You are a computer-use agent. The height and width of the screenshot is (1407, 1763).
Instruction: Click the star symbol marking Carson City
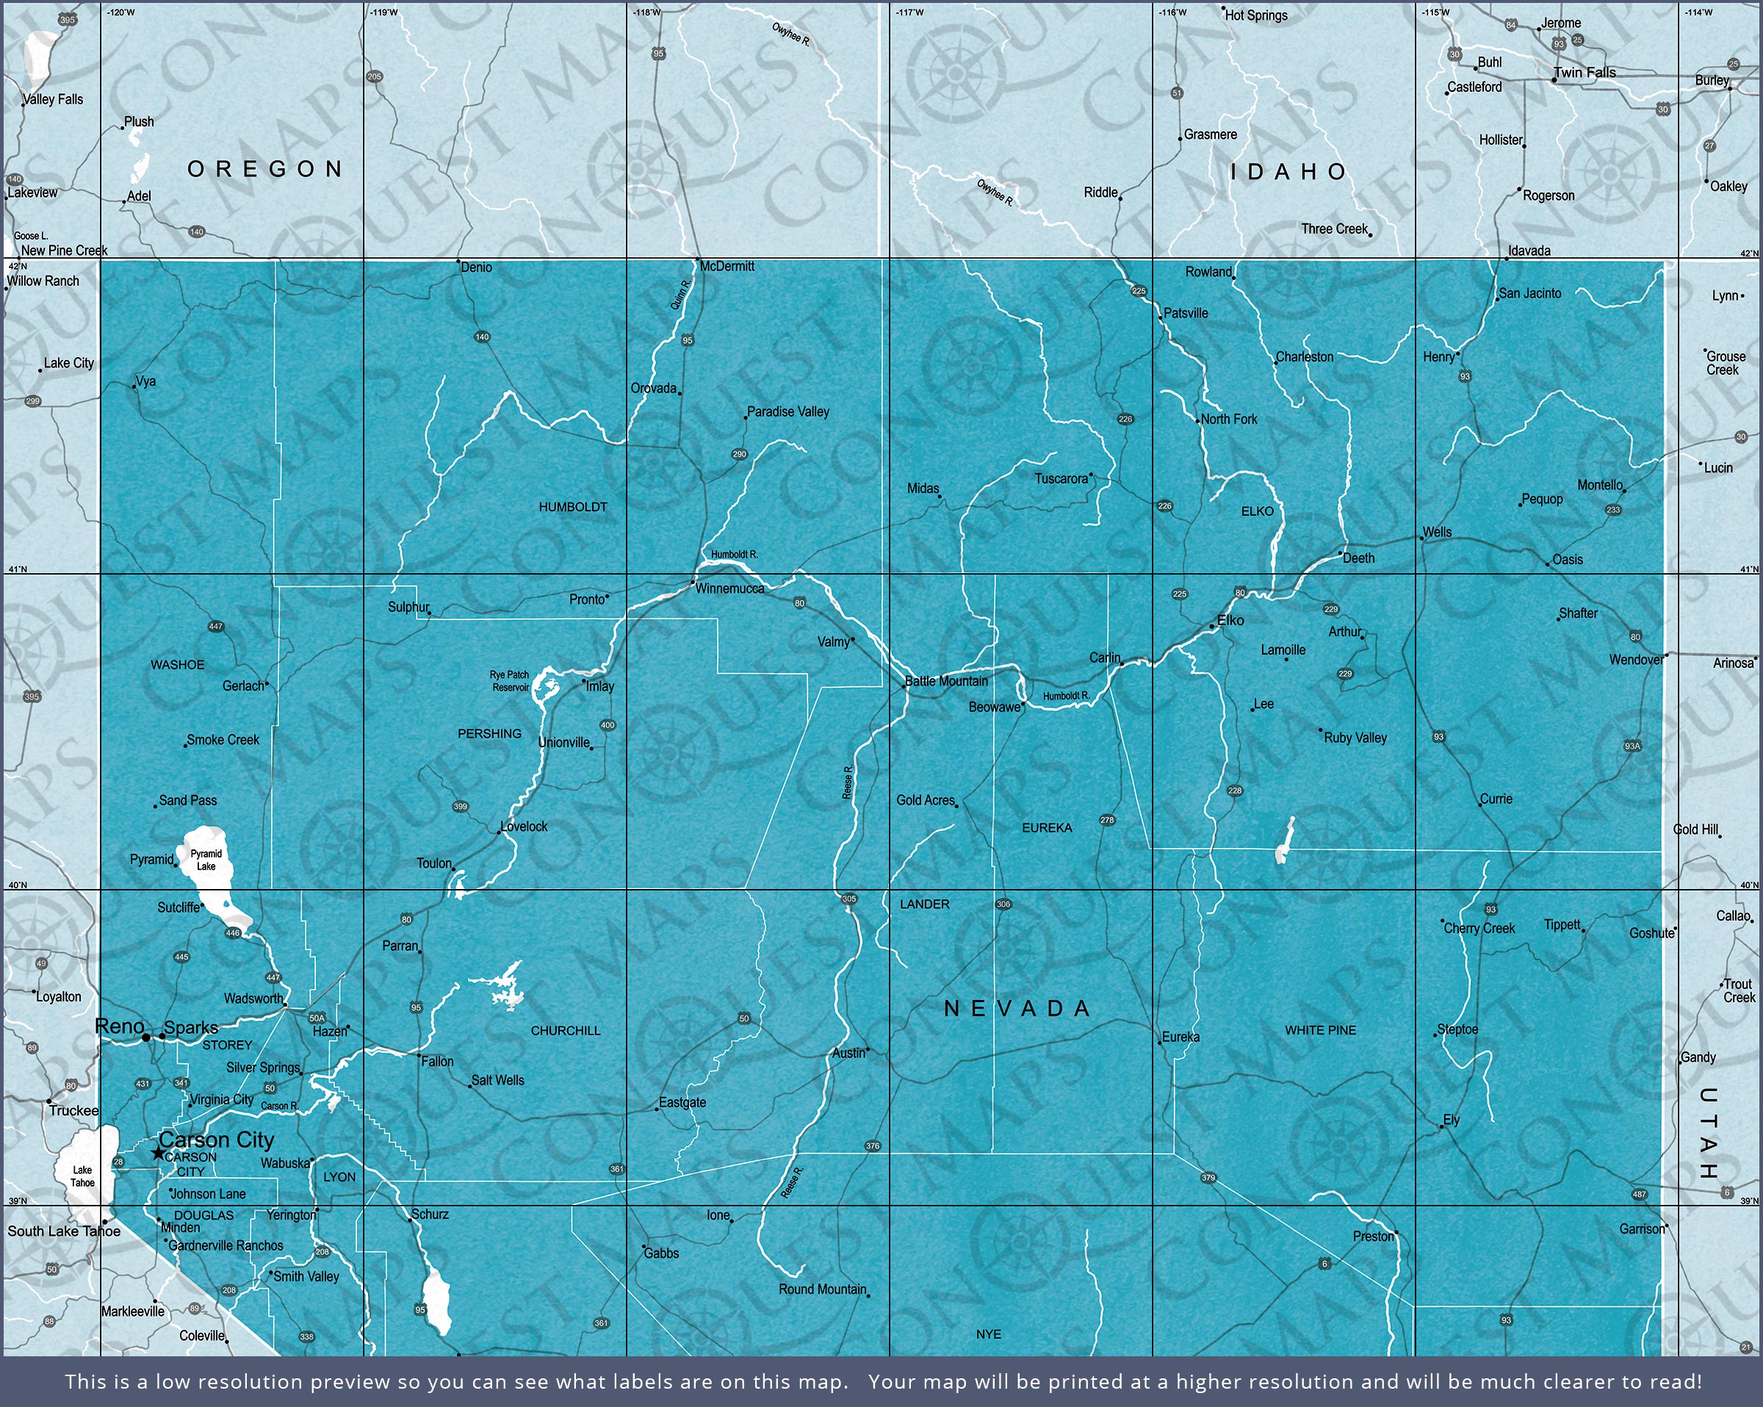158,1154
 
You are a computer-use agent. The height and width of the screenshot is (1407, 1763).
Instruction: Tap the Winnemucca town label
729,589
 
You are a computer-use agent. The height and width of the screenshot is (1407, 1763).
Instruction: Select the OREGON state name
265,169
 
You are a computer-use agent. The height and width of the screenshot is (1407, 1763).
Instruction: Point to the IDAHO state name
1288,172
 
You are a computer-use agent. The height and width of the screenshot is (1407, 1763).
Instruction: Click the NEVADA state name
1018,1009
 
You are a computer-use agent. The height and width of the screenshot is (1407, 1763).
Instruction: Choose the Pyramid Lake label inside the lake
206,860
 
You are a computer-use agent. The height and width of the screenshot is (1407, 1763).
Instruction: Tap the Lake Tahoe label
82,1176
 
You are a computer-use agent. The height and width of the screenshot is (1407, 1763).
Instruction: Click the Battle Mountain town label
947,680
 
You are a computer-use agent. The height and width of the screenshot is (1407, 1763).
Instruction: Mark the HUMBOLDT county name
572,507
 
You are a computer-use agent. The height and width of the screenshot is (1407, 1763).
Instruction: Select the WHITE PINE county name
1320,1030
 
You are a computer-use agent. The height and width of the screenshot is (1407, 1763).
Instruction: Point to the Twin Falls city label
1584,73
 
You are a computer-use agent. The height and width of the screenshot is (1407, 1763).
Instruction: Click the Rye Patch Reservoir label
510,681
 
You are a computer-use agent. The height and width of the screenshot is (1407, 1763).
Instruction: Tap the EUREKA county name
1047,828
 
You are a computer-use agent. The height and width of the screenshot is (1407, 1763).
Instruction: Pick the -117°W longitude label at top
909,12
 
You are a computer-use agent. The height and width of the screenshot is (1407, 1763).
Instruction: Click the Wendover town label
1635,660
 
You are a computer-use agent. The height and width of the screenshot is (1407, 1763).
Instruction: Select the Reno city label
120,1026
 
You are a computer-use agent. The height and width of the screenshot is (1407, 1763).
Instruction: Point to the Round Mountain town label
822,1289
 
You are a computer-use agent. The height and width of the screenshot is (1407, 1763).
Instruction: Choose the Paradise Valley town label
787,411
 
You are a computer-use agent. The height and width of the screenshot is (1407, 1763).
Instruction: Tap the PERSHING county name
489,734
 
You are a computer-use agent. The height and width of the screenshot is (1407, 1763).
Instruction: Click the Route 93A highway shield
1632,746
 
